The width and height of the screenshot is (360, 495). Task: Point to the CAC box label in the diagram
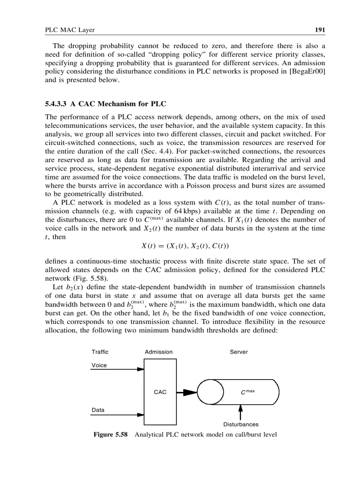160,392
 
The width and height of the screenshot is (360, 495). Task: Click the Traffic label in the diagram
100,352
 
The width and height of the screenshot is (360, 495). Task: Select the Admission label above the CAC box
158,352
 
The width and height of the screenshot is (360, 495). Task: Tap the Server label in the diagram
239,352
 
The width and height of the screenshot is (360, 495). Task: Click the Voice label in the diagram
99,365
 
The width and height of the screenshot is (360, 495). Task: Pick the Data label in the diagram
98,410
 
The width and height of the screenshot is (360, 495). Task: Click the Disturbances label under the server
240,424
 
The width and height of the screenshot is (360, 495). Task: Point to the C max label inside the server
247,392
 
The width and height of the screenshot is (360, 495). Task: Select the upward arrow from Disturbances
240,412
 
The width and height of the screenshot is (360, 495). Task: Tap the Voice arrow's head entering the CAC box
141,369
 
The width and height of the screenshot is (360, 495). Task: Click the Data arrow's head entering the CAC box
141,414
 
